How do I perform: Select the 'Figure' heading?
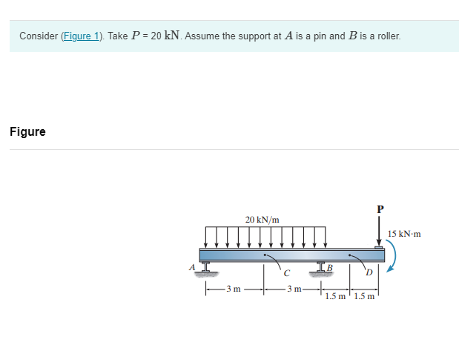point(27,132)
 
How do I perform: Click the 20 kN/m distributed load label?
point(262,220)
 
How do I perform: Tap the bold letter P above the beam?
point(380,209)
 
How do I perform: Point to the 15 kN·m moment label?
point(404,234)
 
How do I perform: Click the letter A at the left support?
point(192,266)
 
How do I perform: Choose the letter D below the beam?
point(368,272)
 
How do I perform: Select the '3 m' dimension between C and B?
point(292,289)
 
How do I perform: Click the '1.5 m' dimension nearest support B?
point(335,297)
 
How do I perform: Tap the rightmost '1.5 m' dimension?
point(363,297)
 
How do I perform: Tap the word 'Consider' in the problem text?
point(36,36)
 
